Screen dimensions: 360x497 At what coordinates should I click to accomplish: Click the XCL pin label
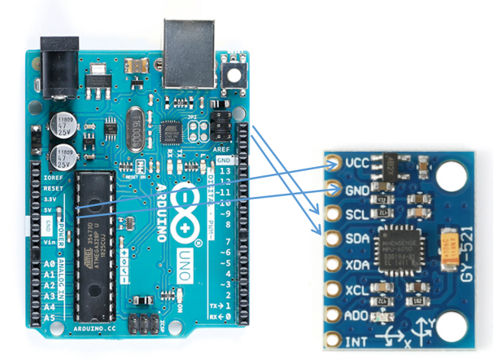click(358, 290)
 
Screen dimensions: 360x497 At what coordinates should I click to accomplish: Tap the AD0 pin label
click(358, 315)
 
